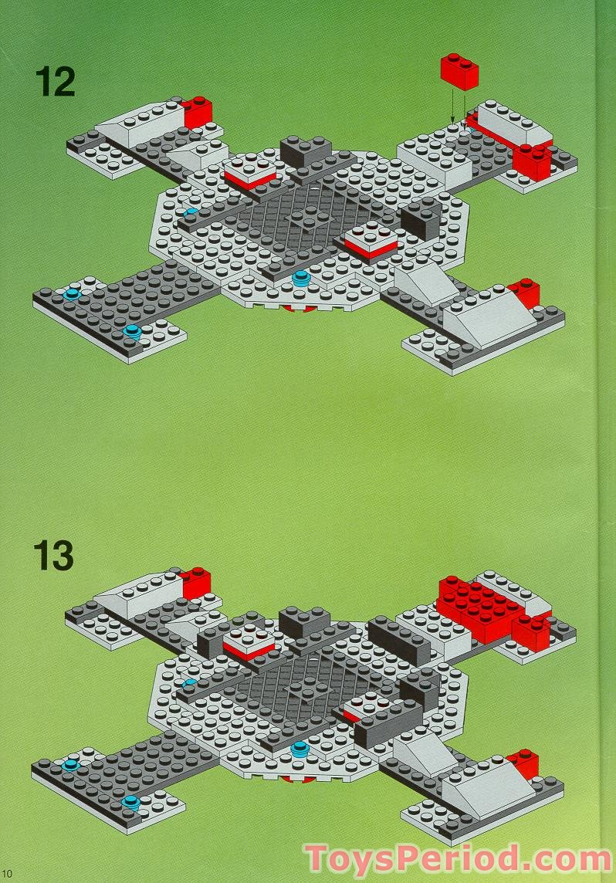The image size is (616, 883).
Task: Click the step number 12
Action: tap(54, 81)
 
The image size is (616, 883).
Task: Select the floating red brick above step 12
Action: tap(459, 70)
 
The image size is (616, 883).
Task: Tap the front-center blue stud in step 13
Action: tap(299, 748)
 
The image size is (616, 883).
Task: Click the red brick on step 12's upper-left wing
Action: tap(198, 110)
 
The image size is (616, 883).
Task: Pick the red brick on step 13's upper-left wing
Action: tap(195, 580)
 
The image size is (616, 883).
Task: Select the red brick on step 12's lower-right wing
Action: tap(525, 292)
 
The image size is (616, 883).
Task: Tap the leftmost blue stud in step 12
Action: tap(72, 294)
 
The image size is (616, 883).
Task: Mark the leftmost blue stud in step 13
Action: tap(71, 764)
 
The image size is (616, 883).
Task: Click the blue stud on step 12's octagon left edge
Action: tap(190, 211)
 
